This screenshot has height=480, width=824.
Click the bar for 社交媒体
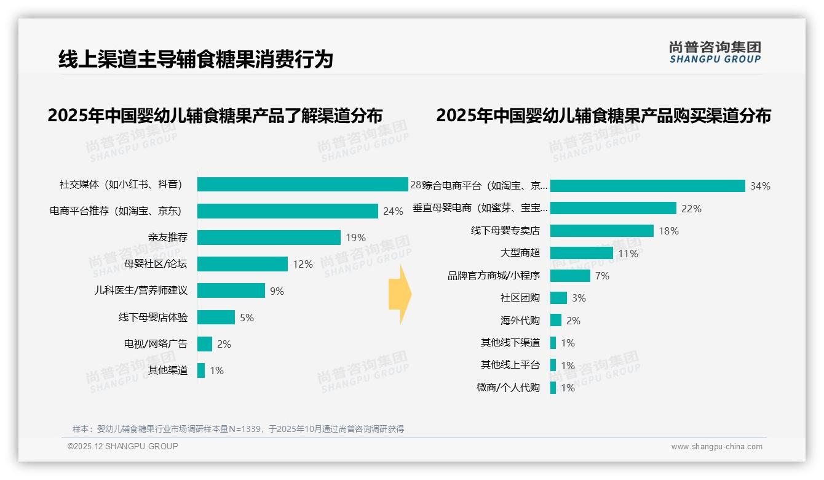pyautogui.click(x=303, y=185)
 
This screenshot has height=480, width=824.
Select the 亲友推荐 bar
pyautogui.click(x=269, y=238)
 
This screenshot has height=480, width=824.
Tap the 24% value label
pyautogui.click(x=393, y=211)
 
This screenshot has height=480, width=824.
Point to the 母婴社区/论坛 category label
pyautogui.click(x=156, y=264)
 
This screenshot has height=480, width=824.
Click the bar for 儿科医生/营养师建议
pyautogui.click(x=231, y=290)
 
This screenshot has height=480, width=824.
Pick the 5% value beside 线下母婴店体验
pyautogui.click(x=247, y=318)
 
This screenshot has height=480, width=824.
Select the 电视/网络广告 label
pyautogui.click(x=156, y=344)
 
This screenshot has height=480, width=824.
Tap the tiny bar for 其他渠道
pyautogui.click(x=201, y=370)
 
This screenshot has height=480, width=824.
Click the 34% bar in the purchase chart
pyautogui.click(x=648, y=186)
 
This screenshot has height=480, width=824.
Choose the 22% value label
pyautogui.click(x=691, y=209)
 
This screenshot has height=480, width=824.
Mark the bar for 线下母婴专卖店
pyautogui.click(x=602, y=231)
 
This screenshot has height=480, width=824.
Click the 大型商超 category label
pyautogui.click(x=520, y=253)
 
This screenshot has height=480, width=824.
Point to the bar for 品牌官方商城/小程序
pyautogui.click(x=570, y=276)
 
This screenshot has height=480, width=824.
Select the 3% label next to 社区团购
pyautogui.click(x=579, y=298)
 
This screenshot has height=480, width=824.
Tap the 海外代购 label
pyautogui.click(x=520, y=321)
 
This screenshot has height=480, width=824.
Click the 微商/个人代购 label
pyautogui.click(x=508, y=388)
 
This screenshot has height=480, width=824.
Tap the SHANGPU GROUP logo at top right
pyautogui.click(x=715, y=52)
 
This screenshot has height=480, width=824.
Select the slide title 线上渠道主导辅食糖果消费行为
pyautogui.click(x=196, y=60)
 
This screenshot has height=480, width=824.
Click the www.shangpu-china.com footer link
pyautogui.click(x=716, y=447)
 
